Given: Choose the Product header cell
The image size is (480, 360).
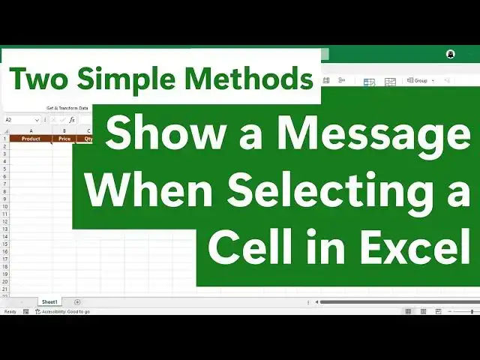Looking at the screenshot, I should coord(31,139).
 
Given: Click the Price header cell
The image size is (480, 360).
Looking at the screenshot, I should coord(64,139).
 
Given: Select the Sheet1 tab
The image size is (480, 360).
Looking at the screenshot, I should coord(50,302).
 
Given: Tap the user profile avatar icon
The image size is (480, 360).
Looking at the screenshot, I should coord(450,54).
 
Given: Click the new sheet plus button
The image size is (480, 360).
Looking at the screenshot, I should coord(77,302).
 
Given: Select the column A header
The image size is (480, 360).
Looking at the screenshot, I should coord(31,131).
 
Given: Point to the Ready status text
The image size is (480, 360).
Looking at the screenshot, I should coord(10,311).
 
